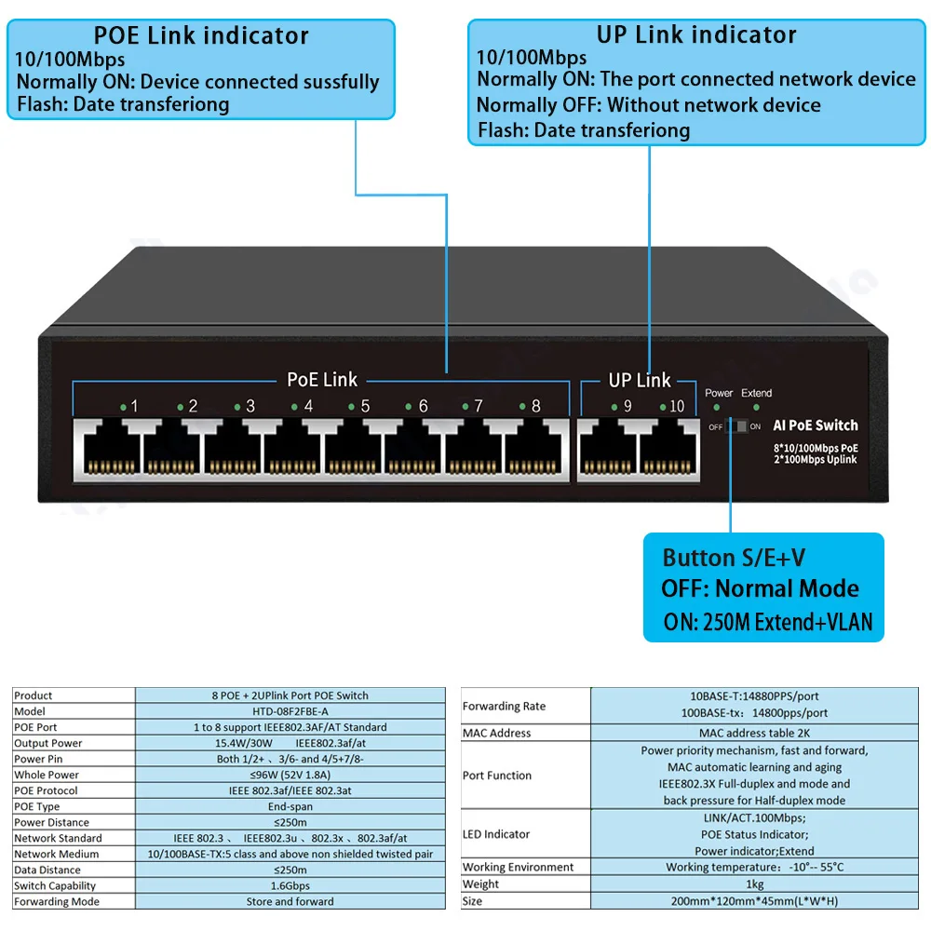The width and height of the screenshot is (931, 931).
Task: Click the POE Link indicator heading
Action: (x=200, y=36)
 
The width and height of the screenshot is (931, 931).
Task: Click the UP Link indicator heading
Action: (x=696, y=35)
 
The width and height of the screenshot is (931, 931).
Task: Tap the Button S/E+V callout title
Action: (x=734, y=558)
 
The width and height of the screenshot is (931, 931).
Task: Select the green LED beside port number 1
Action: (x=123, y=407)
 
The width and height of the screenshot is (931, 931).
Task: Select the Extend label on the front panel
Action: (x=756, y=393)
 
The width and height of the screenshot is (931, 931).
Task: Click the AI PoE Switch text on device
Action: (x=816, y=425)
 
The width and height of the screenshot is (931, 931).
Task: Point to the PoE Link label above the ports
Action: (x=321, y=380)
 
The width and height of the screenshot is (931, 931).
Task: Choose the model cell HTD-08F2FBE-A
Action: (x=290, y=711)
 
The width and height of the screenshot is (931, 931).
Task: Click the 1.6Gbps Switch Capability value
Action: (x=290, y=885)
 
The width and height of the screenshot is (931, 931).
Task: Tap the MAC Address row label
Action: (x=497, y=733)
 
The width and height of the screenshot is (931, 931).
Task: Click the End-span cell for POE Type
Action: (x=290, y=806)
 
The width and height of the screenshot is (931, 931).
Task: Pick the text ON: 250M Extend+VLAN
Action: (x=768, y=622)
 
